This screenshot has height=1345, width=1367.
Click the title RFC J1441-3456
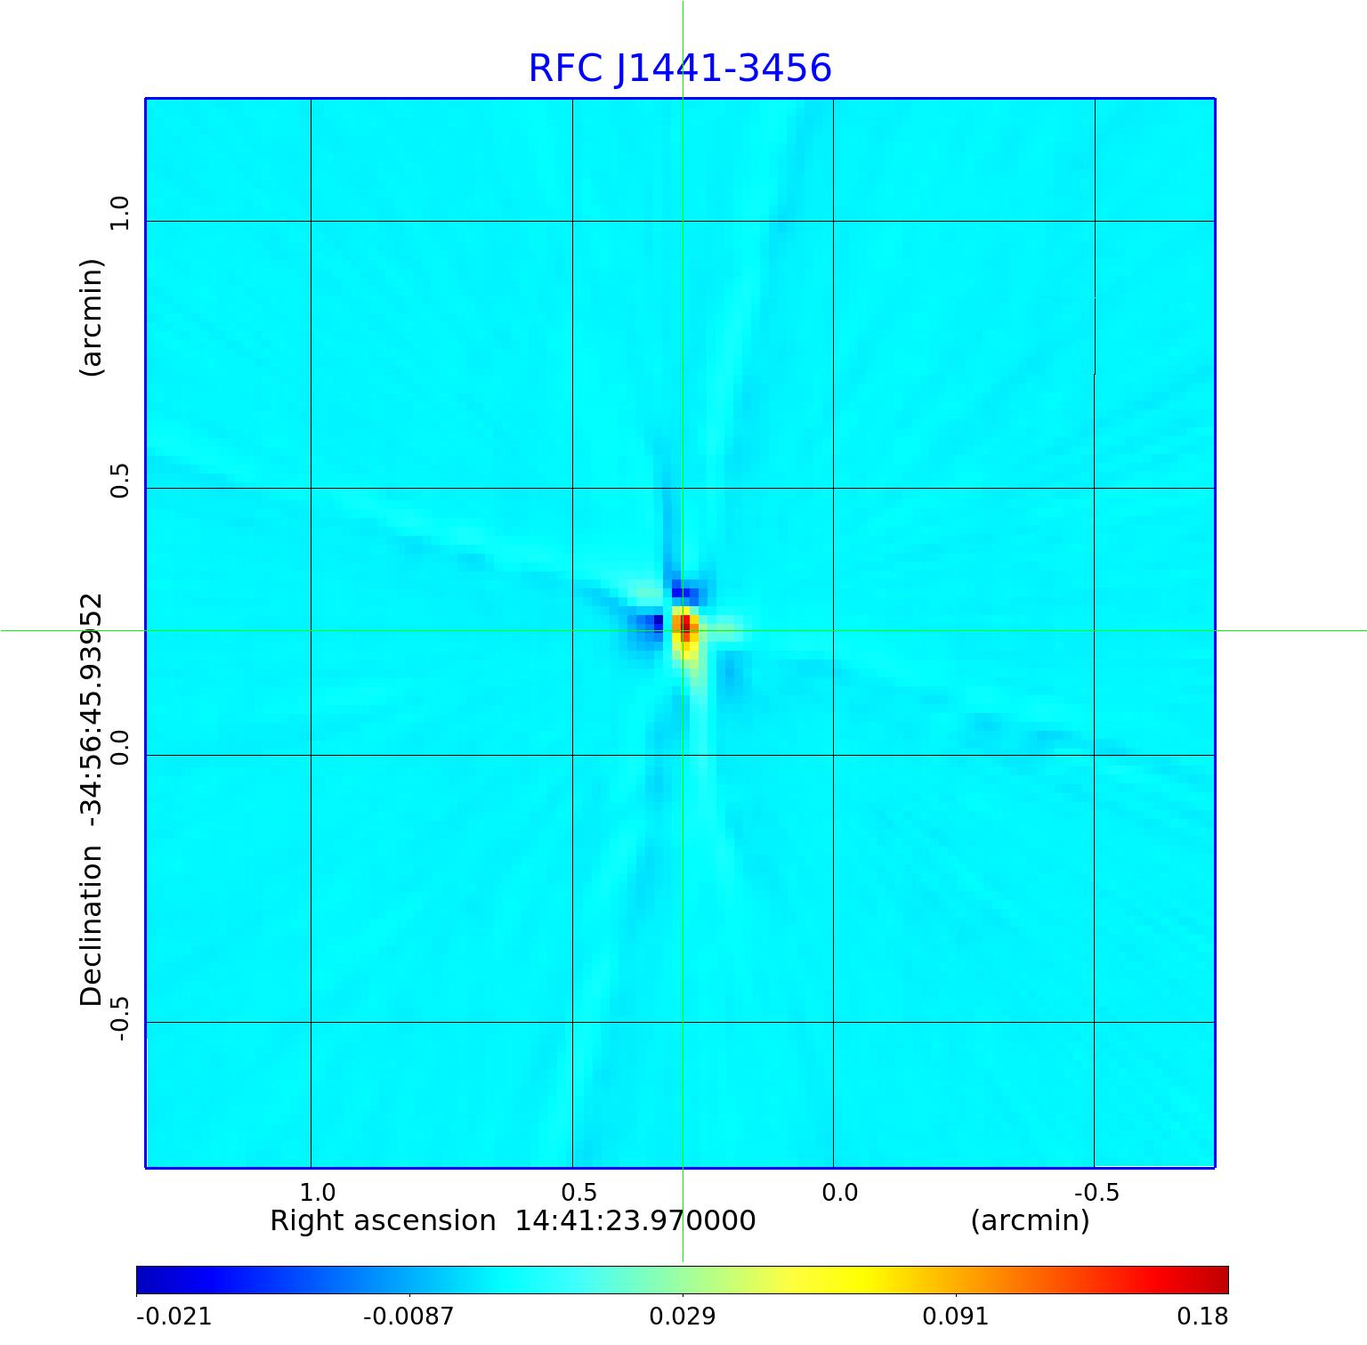(x=680, y=69)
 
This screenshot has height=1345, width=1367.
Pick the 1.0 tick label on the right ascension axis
(x=317, y=1192)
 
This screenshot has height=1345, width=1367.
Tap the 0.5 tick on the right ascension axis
(x=578, y=1192)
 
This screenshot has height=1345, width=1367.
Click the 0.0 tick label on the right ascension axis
(x=839, y=1192)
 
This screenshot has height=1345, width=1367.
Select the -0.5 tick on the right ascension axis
(x=1096, y=1192)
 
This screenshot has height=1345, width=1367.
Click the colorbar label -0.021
(x=174, y=1316)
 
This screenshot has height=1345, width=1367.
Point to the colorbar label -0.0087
(x=409, y=1316)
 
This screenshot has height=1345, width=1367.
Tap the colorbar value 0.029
(x=683, y=1316)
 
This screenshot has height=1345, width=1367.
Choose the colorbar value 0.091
(x=956, y=1316)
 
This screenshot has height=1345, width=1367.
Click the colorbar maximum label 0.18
(x=1201, y=1316)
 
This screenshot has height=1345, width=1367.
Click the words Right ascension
(x=383, y=1220)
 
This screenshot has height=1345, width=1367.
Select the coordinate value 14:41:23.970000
(x=635, y=1220)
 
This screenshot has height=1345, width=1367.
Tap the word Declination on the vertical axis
(x=92, y=926)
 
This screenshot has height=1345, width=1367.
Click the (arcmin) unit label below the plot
(x=1030, y=1220)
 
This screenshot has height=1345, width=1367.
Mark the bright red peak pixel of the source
(x=685, y=622)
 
